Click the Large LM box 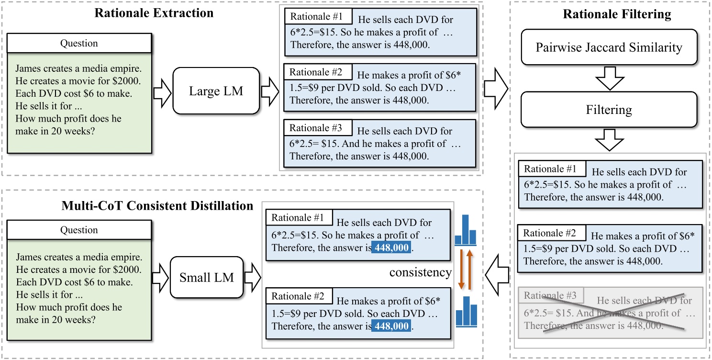pyautogui.click(x=216, y=90)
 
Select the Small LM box pyautogui.click(x=207, y=277)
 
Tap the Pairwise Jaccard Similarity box pyautogui.click(x=609, y=47)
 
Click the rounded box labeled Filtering pyautogui.click(x=609, y=110)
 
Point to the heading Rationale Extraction pyautogui.click(x=154, y=13)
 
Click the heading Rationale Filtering pyautogui.click(x=617, y=14)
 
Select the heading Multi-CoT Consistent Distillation pyautogui.click(x=157, y=206)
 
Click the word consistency pyautogui.click(x=420, y=272)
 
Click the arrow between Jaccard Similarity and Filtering pyautogui.click(x=609, y=79)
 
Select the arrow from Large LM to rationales pyautogui.click(x=271, y=90)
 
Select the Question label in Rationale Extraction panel pyautogui.click(x=79, y=44)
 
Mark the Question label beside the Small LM pyautogui.click(x=79, y=230)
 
